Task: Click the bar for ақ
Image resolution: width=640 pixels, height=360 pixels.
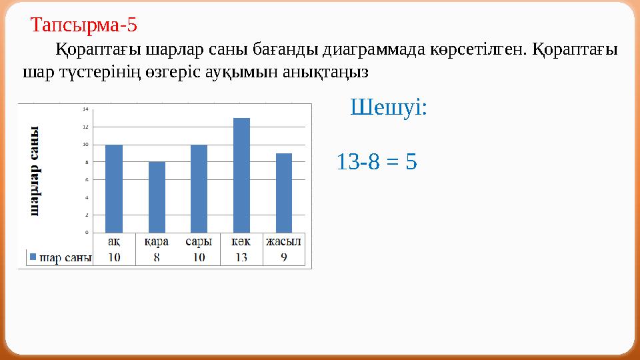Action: (114, 189)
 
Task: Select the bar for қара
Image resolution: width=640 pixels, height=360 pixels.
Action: (157, 197)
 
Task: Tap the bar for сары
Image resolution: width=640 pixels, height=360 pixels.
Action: (199, 189)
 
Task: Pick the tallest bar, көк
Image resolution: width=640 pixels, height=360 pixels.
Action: (241, 175)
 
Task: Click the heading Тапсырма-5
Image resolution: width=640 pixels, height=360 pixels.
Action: (84, 26)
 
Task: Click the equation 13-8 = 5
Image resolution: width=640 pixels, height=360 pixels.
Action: (377, 161)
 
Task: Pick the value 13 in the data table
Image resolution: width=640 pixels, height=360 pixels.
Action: (241, 257)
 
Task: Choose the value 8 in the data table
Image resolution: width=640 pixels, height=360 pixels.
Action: (157, 257)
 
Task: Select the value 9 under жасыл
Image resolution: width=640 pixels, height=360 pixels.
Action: (284, 257)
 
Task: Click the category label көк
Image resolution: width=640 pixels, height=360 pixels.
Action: (241, 241)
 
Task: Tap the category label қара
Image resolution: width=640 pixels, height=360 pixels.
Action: (157, 241)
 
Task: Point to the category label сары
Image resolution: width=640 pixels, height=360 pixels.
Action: (199, 241)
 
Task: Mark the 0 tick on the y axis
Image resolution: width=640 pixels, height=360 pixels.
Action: (85, 233)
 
